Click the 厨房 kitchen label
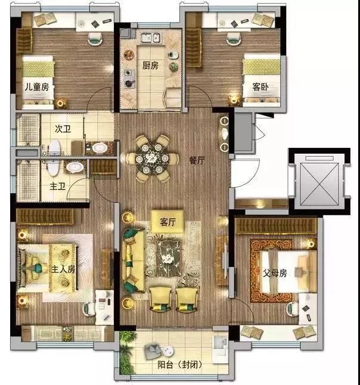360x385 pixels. (150, 66)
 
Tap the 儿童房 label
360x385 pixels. (37, 87)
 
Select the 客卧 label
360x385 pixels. (260, 87)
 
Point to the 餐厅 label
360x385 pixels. (197, 160)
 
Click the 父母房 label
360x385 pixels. (275, 273)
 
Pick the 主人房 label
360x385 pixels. (63, 269)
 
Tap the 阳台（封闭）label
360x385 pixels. (180, 365)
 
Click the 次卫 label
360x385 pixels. (63, 129)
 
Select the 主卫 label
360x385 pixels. (58, 186)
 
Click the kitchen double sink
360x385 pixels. (151, 38)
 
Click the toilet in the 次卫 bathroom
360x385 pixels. (54, 147)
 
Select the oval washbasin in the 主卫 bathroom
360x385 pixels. (75, 167)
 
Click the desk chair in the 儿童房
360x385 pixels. (95, 39)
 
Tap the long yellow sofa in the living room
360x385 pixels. (134, 260)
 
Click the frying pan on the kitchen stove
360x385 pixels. (129, 83)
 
